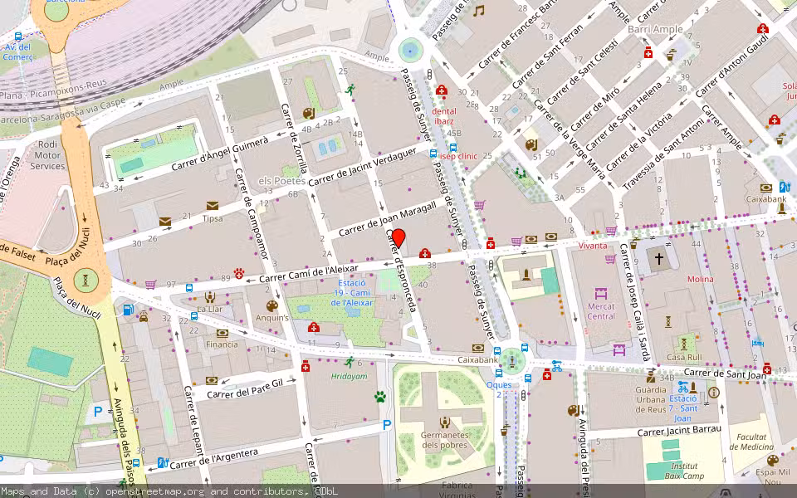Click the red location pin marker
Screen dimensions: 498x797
pos(398,238)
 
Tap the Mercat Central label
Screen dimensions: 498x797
pos(601,311)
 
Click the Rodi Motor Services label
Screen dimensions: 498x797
pos(47,155)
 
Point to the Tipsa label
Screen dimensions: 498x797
pos(213,219)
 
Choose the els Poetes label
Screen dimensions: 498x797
pos(282,181)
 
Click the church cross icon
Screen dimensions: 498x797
pos(660,258)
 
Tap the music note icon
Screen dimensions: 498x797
pos(478,11)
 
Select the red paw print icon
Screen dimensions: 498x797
pos(240,272)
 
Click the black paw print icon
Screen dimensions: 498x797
pos(380,397)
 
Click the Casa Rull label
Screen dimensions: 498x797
pos(684,357)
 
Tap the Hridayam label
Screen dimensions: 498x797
pos(349,376)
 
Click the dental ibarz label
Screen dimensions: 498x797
pos(444,115)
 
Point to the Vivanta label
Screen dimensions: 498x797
pos(592,246)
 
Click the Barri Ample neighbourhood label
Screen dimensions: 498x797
pos(656,29)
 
